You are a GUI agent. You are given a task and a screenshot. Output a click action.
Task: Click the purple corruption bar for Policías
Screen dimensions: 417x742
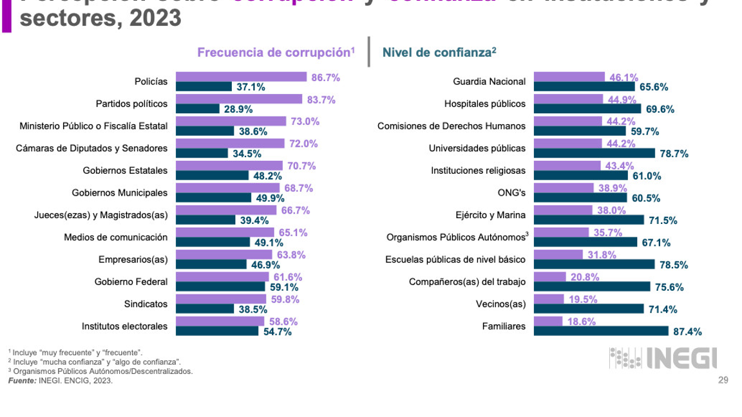pyautogui.click(x=242, y=77)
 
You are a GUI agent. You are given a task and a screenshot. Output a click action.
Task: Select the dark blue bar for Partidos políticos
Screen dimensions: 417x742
pyautogui.click(x=198, y=109)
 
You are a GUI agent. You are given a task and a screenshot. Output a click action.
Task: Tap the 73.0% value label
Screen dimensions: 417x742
pyautogui.click(x=305, y=122)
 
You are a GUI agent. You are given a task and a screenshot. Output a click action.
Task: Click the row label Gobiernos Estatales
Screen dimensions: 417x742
pyautogui.click(x=125, y=171)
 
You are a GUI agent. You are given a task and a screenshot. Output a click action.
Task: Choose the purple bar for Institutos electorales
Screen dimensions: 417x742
pyautogui.click(x=220, y=322)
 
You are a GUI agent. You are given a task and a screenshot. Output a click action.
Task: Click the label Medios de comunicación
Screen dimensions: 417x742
pyautogui.click(x=116, y=237)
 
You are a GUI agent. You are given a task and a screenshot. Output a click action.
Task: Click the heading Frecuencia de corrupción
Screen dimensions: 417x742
pyautogui.click(x=276, y=53)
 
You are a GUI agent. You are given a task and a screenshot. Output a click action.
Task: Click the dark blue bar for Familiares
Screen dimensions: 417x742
pyautogui.click(x=600, y=331)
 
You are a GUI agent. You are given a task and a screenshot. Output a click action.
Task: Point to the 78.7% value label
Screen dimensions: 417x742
pyautogui.click(x=675, y=153)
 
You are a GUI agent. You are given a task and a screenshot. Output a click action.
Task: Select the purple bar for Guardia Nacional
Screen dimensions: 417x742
pyautogui.click(x=569, y=77)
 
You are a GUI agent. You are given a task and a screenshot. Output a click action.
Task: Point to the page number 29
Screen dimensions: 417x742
pyautogui.click(x=723, y=381)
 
